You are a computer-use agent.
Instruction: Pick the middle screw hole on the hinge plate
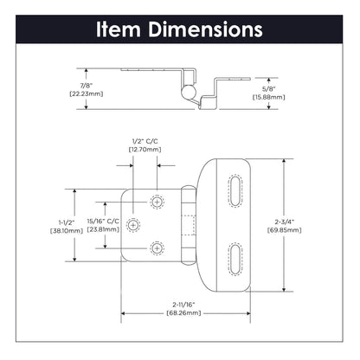[x=134, y=225]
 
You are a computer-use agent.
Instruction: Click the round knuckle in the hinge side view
[x=184, y=89]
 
